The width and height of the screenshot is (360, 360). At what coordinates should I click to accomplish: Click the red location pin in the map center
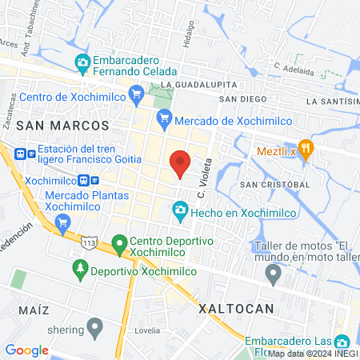(x=181, y=163)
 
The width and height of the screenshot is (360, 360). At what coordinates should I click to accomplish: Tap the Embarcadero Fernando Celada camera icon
(x=82, y=62)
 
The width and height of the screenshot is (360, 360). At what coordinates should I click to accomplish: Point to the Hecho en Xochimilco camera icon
(x=179, y=211)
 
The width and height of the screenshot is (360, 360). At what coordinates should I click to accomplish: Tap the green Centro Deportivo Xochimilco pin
(x=119, y=242)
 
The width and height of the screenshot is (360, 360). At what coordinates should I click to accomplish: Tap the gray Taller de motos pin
(x=274, y=276)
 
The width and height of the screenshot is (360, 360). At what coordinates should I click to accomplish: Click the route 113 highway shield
(x=90, y=238)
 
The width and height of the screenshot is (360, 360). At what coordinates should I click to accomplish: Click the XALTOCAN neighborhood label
(x=236, y=308)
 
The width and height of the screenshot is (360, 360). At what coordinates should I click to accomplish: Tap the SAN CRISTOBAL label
(x=274, y=184)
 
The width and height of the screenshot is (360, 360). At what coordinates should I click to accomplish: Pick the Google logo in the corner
(x=26, y=350)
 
